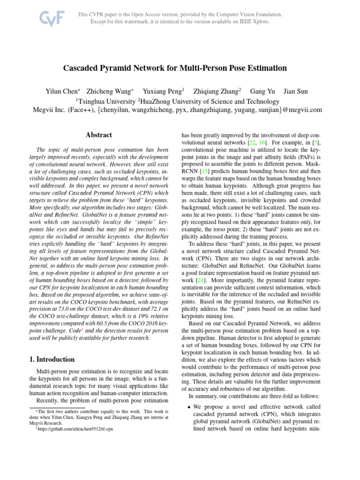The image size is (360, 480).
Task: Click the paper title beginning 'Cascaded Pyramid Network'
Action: click(x=175, y=68)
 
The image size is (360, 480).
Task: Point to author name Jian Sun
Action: click(x=296, y=91)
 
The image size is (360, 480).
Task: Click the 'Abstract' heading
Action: click(x=98, y=135)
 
